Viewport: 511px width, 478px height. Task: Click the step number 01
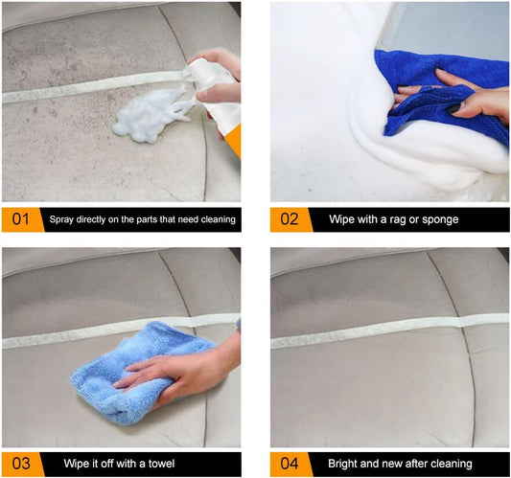pyautogui.click(x=20, y=219)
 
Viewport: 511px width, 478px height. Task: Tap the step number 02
pyautogui.click(x=290, y=219)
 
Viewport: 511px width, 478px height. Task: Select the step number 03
pyautogui.click(x=21, y=464)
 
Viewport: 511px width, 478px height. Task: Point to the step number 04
pyautogui.click(x=290, y=464)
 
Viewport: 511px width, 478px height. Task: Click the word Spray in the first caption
pyautogui.click(x=61, y=219)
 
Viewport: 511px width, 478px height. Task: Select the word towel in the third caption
pyautogui.click(x=161, y=464)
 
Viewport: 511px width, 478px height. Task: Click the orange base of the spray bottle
pyautogui.click(x=233, y=140)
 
